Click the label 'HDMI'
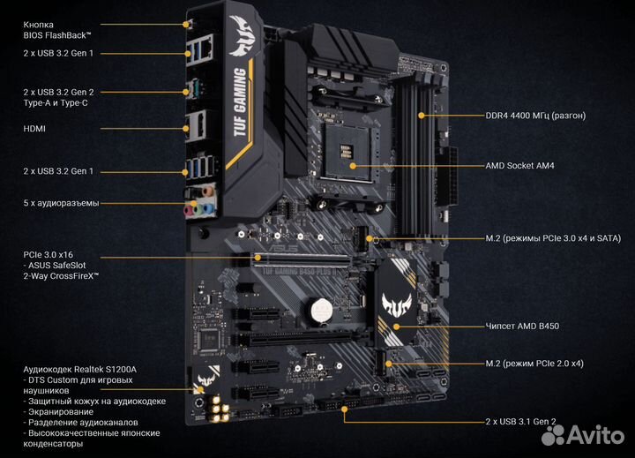pyautogui.click(x=34, y=128)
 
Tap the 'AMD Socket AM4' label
pyautogui.click(x=519, y=165)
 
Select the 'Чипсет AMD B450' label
pyautogui.click(x=523, y=327)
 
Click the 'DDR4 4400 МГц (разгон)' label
pyautogui.click(x=535, y=115)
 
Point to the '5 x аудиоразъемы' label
pyautogui.click(x=61, y=203)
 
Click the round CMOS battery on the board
pyautogui.click(x=317, y=310)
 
